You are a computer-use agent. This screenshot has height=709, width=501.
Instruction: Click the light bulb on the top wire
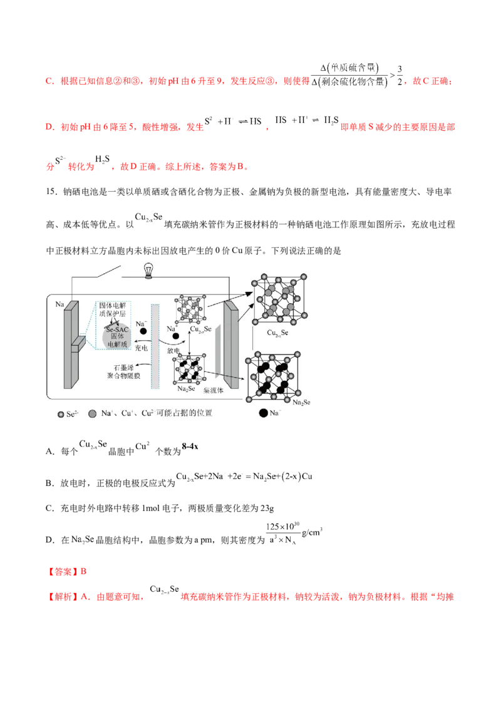148,269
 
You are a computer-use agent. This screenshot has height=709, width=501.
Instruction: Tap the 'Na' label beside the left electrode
59,304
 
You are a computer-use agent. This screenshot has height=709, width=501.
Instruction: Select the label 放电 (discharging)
174,351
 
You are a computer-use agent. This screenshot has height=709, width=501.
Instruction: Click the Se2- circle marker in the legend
60,414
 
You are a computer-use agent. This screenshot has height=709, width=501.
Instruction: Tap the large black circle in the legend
263,413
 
